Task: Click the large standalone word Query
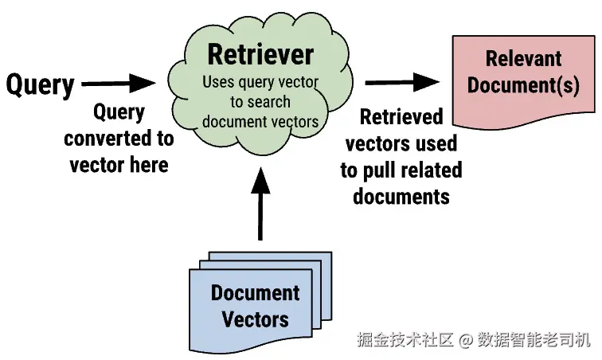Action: (40, 85)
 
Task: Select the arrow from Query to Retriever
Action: (119, 83)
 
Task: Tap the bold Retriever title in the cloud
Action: (260, 54)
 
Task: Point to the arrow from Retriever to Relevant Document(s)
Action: (402, 82)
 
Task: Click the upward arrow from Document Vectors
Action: (260, 204)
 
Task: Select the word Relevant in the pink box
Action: (523, 58)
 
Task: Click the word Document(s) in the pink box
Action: (523, 85)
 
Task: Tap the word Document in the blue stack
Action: (255, 293)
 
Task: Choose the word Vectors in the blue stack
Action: (255, 319)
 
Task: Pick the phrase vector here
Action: (119, 165)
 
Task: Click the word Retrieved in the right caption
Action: (401, 117)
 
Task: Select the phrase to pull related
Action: (401, 170)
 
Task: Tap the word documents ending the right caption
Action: (401, 197)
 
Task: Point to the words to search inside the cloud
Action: (260, 102)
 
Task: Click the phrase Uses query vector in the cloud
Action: (260, 82)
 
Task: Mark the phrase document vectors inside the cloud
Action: (260, 121)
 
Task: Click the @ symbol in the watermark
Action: (465, 340)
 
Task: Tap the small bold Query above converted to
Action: (119, 112)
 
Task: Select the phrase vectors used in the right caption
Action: (401, 143)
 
